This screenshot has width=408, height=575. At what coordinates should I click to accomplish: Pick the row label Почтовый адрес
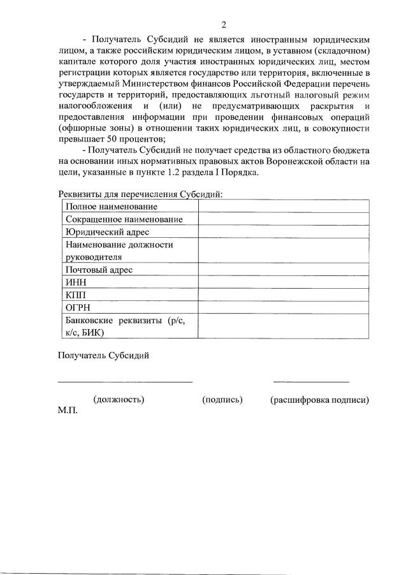tap(99, 270)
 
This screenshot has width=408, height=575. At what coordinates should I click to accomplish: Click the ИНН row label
tap(76, 282)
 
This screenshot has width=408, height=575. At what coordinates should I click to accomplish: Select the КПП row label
tap(75, 295)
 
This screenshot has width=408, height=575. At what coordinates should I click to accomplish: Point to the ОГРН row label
tap(77, 307)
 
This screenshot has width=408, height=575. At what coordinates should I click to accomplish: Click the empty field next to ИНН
tap(283, 282)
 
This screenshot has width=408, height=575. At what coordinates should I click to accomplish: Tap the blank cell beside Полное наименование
tap(283, 207)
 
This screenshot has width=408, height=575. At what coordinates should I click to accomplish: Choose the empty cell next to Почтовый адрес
tap(283, 270)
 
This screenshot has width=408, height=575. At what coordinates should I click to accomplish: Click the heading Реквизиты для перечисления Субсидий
tap(140, 194)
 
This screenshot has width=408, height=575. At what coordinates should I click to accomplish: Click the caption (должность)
tap(119, 400)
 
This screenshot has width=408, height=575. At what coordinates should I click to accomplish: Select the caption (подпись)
tap(222, 400)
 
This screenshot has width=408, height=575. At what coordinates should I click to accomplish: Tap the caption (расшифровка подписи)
tap(319, 400)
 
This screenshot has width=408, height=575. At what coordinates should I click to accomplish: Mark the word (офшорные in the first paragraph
tap(80, 129)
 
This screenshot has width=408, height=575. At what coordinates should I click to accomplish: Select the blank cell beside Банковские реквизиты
tap(283, 326)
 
